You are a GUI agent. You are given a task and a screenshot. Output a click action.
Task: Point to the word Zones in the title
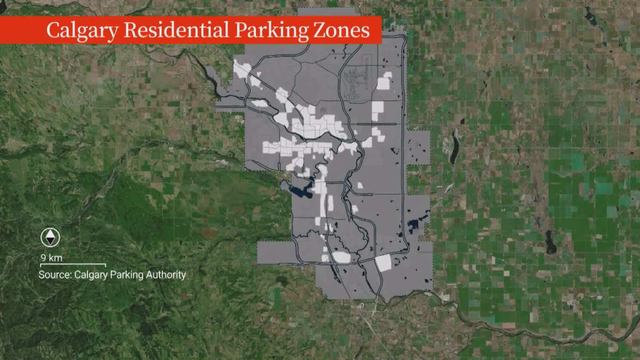pos(341,30)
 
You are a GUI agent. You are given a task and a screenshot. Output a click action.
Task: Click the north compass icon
pos(51,237)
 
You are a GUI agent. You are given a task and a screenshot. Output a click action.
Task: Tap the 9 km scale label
pos(52,258)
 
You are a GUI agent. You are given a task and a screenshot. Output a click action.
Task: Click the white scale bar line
pos(73,265)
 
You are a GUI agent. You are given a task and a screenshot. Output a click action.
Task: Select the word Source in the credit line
pos(54,275)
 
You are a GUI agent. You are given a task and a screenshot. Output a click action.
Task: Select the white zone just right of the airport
pos(383,84)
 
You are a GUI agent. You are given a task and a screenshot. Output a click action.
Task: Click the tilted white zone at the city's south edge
pos(383,263)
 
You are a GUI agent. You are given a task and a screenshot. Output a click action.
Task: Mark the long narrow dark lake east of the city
pos(454,147)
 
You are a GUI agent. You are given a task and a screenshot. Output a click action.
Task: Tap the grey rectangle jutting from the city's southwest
pos(275,252)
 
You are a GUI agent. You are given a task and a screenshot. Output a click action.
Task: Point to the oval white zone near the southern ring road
pos(341,257)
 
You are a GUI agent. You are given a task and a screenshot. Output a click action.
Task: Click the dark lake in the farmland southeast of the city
pos(550,243)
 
